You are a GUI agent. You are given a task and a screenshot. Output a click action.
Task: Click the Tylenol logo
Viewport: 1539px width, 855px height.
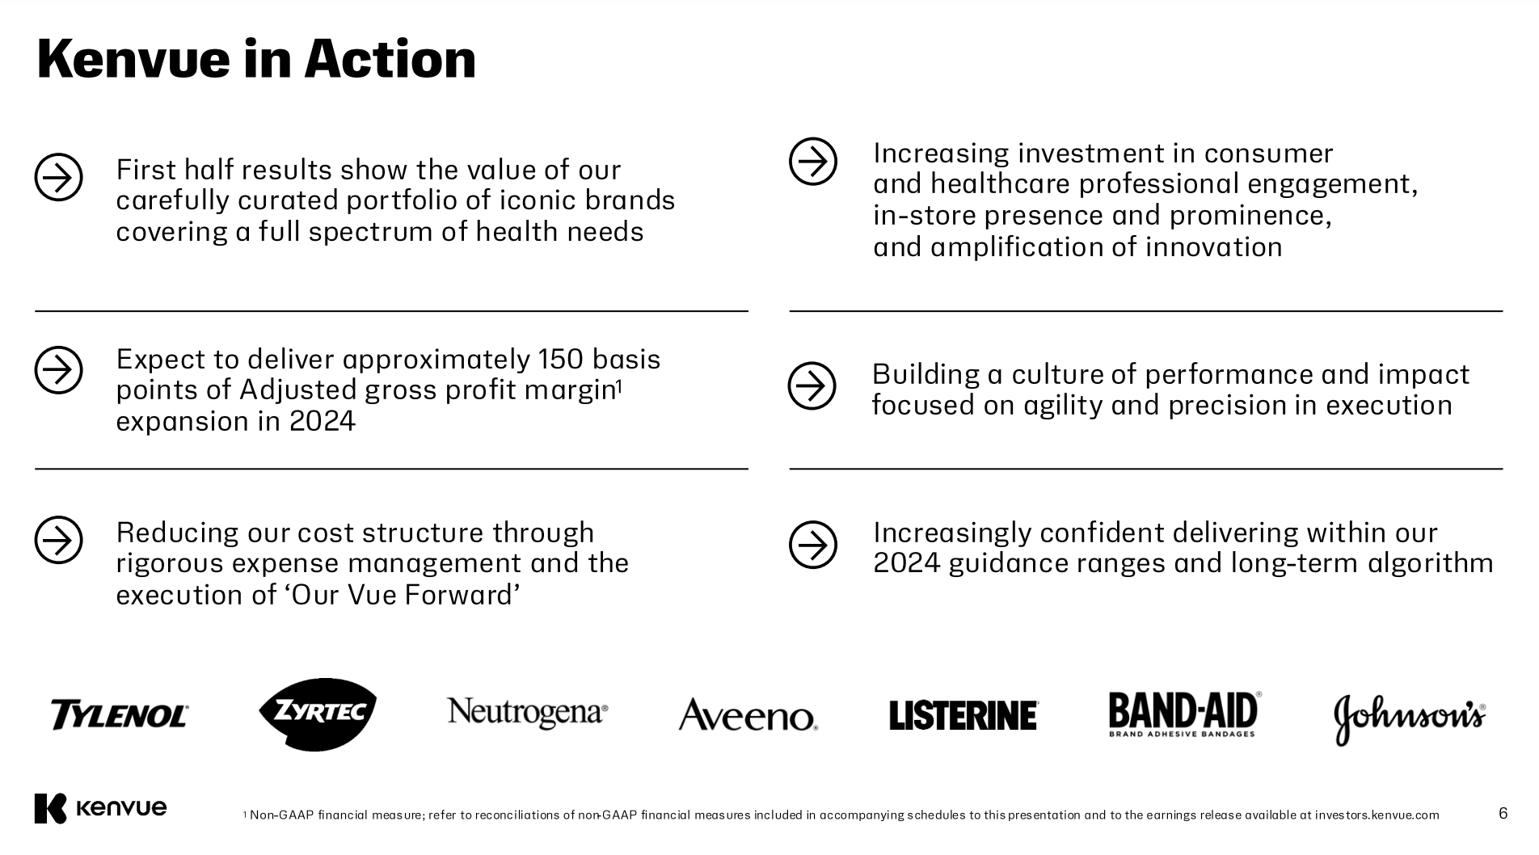tap(119, 715)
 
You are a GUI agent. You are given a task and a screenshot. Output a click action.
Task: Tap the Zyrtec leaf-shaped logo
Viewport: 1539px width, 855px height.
tap(318, 714)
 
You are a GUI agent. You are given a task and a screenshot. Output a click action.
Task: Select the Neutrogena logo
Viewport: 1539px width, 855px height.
tap(527, 713)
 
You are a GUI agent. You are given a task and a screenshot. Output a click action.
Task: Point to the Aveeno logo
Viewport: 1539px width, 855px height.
tap(748, 715)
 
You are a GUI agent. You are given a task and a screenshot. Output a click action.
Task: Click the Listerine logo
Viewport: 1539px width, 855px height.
tap(963, 715)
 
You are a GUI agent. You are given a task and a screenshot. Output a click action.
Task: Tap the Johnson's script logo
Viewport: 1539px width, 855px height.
tap(1409, 718)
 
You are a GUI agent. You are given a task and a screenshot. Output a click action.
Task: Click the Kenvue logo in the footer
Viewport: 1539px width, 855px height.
tap(100, 808)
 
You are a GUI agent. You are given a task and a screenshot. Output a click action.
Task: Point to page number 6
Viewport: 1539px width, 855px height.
tap(1503, 813)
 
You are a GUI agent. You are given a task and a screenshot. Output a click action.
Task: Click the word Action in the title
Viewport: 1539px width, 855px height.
tap(390, 59)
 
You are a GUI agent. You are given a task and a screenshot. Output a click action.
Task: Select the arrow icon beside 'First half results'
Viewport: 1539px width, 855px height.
tap(59, 177)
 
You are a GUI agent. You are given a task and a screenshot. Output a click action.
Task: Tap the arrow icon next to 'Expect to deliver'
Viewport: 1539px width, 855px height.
tap(59, 370)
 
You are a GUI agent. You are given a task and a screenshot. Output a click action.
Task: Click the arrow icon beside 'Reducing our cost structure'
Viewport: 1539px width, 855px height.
tap(59, 540)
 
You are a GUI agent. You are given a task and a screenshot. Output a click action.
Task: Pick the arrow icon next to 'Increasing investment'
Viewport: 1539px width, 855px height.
tap(813, 162)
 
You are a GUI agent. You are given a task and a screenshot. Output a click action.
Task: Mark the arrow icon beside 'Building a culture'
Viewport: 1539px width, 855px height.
tap(812, 385)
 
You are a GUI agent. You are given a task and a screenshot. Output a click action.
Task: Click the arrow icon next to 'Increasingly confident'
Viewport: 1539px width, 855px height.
tap(813, 545)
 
